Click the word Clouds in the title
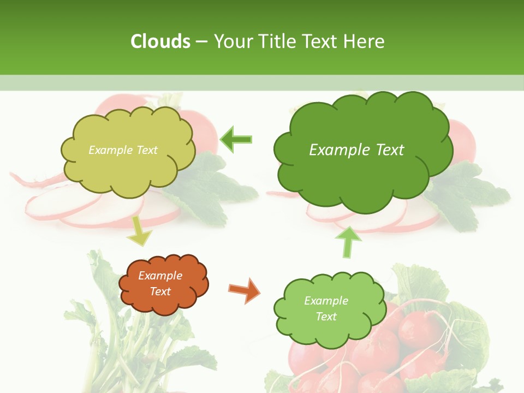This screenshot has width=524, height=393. click(160, 41)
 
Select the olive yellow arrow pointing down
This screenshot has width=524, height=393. click(140, 231)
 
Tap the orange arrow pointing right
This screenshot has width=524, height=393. click(245, 289)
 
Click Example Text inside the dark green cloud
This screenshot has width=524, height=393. click(356, 150)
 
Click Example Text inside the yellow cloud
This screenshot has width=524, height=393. click(123, 150)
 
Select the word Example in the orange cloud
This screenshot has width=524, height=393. click(160, 276)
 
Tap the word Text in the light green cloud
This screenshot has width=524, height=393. click(326, 317)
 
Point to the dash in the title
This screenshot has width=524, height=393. click(201, 42)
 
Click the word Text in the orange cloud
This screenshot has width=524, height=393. click(160, 291)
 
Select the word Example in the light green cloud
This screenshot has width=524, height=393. click(326, 301)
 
